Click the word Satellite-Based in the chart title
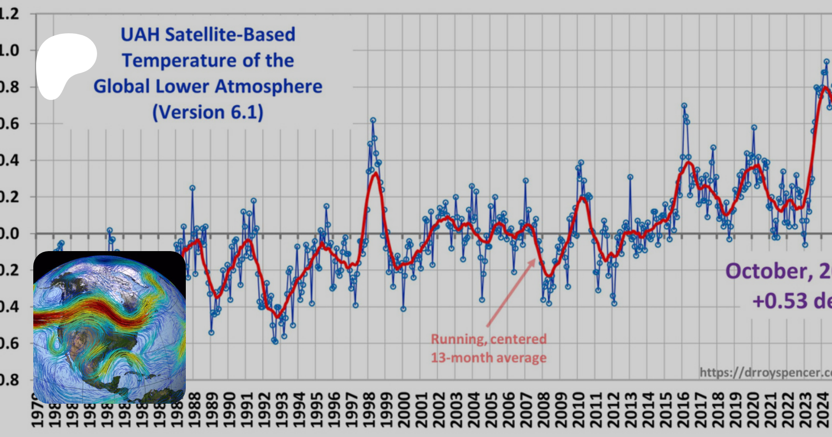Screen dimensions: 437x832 coord(230,35)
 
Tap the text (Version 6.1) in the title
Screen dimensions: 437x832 coord(208,112)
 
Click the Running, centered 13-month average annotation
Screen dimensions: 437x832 coord(489,348)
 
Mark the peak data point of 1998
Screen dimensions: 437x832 coord(373,120)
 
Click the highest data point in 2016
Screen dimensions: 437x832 coord(684,106)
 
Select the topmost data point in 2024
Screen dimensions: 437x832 coord(827,62)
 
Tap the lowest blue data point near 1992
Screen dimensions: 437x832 coord(275,342)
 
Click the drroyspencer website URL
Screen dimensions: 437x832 coord(765,372)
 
